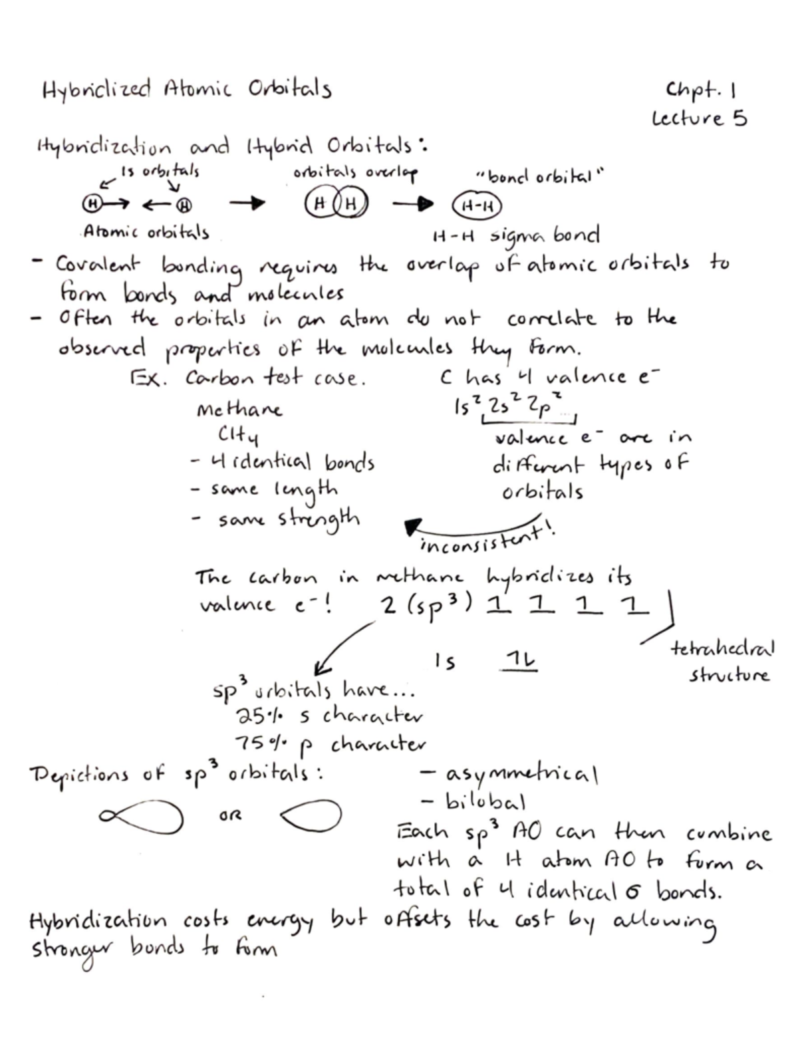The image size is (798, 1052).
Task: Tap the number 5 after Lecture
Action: pos(739,118)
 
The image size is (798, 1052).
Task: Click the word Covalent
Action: pos(98,265)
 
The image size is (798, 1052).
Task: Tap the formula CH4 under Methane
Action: pos(238,436)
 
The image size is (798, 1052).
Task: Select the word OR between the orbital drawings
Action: pos(230,815)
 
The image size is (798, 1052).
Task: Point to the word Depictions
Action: pos(78,775)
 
